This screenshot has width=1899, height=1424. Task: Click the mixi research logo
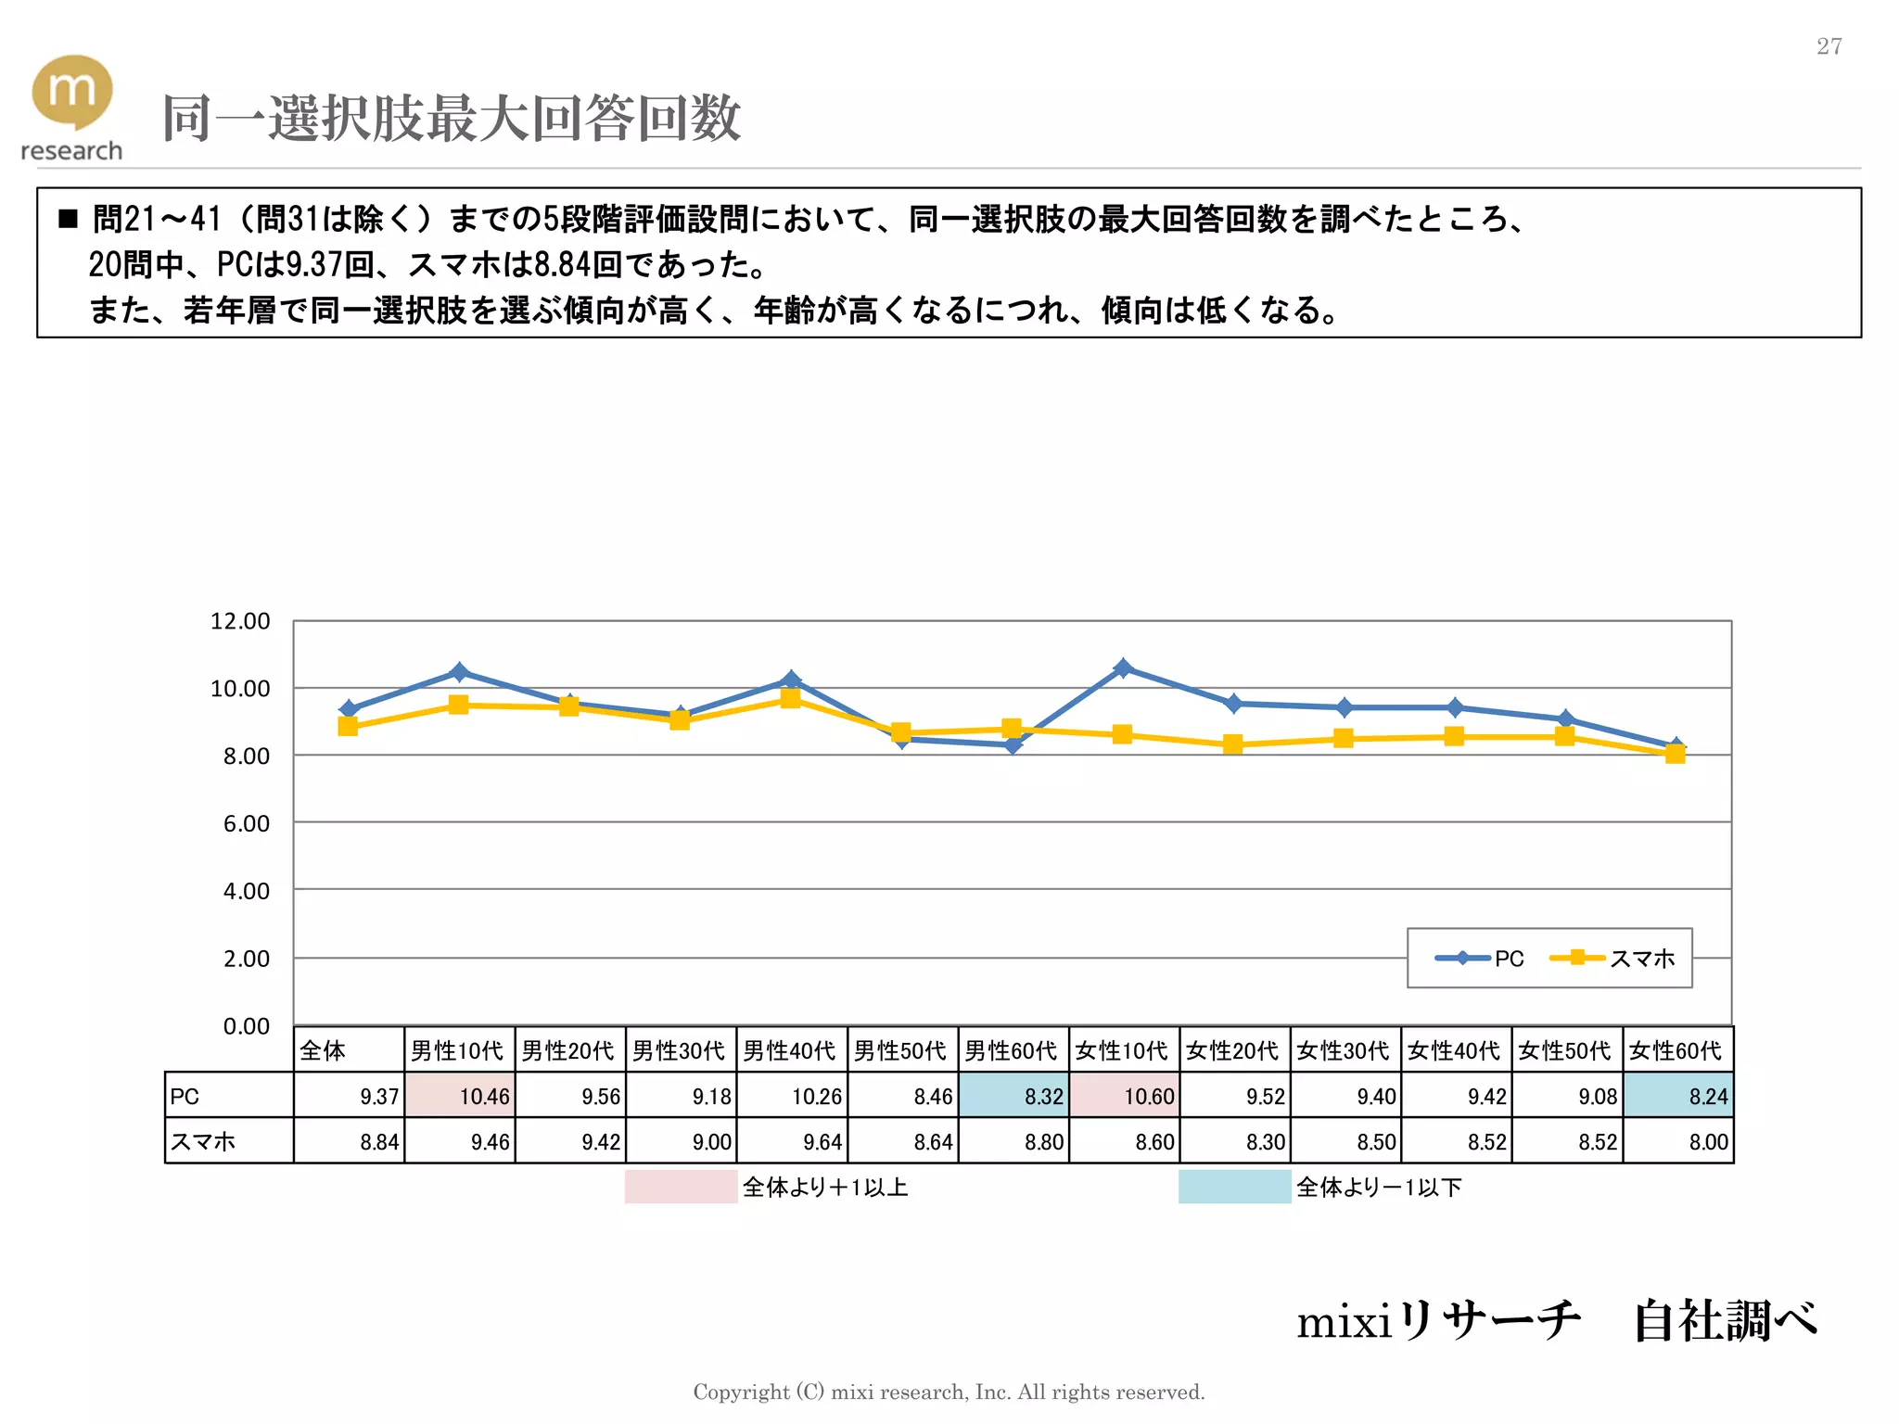point(71,107)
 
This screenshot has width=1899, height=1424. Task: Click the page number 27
point(1829,46)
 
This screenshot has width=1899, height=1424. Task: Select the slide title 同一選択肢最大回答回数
point(451,119)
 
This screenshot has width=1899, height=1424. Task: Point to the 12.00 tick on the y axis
point(240,621)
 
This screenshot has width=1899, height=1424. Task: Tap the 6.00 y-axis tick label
point(246,823)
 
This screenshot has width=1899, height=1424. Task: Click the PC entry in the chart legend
point(1481,959)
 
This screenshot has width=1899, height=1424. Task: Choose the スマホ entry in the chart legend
point(1613,959)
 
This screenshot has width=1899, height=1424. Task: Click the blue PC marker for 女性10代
point(1122,667)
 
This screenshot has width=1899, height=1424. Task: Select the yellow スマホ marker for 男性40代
point(790,699)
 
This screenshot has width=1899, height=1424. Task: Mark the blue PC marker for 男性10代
point(458,671)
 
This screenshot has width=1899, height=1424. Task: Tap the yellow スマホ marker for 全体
point(348,727)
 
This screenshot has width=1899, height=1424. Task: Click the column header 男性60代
point(1012,1050)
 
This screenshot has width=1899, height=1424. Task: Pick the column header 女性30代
point(1344,1050)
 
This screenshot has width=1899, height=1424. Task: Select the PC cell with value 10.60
point(1124,1096)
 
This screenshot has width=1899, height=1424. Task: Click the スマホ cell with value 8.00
point(1677,1141)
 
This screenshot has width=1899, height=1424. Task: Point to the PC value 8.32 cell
point(1013,1096)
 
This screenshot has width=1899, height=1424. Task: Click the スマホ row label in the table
point(228,1141)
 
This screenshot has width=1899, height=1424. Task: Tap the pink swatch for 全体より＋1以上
point(680,1187)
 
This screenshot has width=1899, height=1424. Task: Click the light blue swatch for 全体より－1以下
point(1233,1187)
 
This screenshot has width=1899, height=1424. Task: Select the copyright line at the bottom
point(949,1392)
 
